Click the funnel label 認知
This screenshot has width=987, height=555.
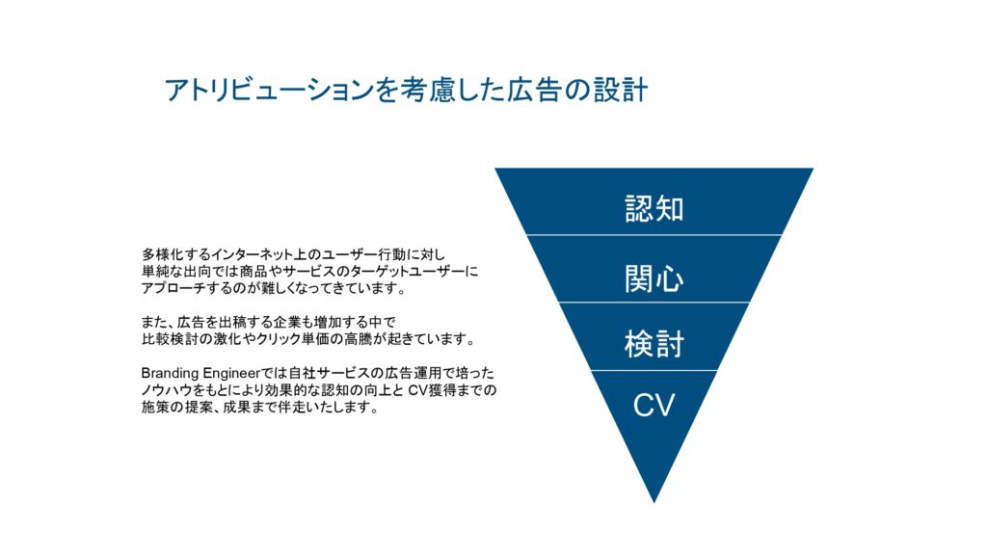point(654,208)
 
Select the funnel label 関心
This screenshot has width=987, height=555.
point(654,278)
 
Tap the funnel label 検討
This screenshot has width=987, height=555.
point(654,344)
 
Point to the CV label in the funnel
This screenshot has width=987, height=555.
point(654,406)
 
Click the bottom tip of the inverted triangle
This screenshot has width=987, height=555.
point(654,503)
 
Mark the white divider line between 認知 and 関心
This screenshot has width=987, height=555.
point(654,235)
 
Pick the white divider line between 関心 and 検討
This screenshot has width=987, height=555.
point(654,303)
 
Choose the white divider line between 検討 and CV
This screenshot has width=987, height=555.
point(654,371)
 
